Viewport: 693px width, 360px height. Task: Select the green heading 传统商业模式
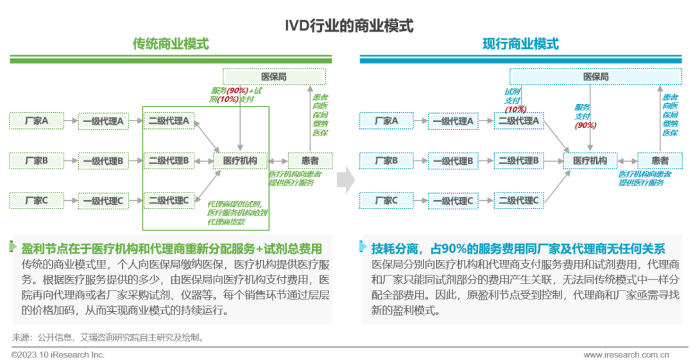tap(170, 44)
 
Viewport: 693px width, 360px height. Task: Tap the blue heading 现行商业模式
tap(520, 44)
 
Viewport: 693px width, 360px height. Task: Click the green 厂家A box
tap(37, 120)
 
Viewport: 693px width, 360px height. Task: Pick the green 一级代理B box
tap(103, 160)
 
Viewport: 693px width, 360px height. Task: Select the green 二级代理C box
tap(169, 201)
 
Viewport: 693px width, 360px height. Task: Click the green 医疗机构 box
tap(240, 160)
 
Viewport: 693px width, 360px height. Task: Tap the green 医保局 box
tap(274, 76)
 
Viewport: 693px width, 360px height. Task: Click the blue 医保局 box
tap(595, 76)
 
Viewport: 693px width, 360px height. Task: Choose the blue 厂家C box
tap(386, 201)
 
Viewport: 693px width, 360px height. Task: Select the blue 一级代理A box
tap(453, 120)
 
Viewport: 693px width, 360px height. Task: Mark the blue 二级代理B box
tap(518, 160)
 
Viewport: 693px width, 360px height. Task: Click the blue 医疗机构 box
tap(590, 160)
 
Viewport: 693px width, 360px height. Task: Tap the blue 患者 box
tap(660, 160)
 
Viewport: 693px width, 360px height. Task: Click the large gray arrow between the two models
tap(346, 180)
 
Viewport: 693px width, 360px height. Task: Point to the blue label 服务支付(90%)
tap(585, 116)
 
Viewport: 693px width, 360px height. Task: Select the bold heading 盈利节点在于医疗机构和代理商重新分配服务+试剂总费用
tap(171, 248)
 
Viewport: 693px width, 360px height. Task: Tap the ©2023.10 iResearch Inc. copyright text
tap(58, 354)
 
